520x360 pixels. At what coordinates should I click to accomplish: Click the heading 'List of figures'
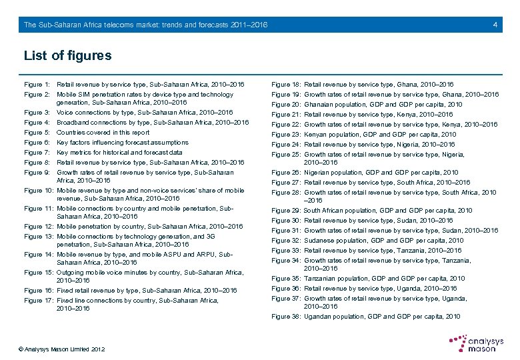coord(67,55)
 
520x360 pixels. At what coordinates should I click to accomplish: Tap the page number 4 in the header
coord(495,25)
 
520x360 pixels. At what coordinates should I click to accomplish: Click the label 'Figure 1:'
coord(37,85)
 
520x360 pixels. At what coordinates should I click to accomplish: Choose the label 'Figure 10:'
coord(39,191)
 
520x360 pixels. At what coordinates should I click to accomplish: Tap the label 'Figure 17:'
coord(39,301)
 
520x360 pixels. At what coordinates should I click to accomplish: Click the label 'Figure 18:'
coord(286,85)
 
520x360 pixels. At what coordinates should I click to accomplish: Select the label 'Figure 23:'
coord(286,135)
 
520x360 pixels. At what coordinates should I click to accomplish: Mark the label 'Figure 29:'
coord(286,211)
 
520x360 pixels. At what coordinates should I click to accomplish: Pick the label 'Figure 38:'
coord(286,317)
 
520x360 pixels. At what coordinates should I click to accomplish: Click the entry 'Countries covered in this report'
coord(103,133)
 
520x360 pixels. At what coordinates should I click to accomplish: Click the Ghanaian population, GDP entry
coord(383,105)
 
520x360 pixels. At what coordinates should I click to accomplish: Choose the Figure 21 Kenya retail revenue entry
coord(378,115)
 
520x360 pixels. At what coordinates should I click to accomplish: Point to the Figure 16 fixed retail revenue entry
coord(147,291)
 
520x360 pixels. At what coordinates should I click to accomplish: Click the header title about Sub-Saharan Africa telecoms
coord(145,25)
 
